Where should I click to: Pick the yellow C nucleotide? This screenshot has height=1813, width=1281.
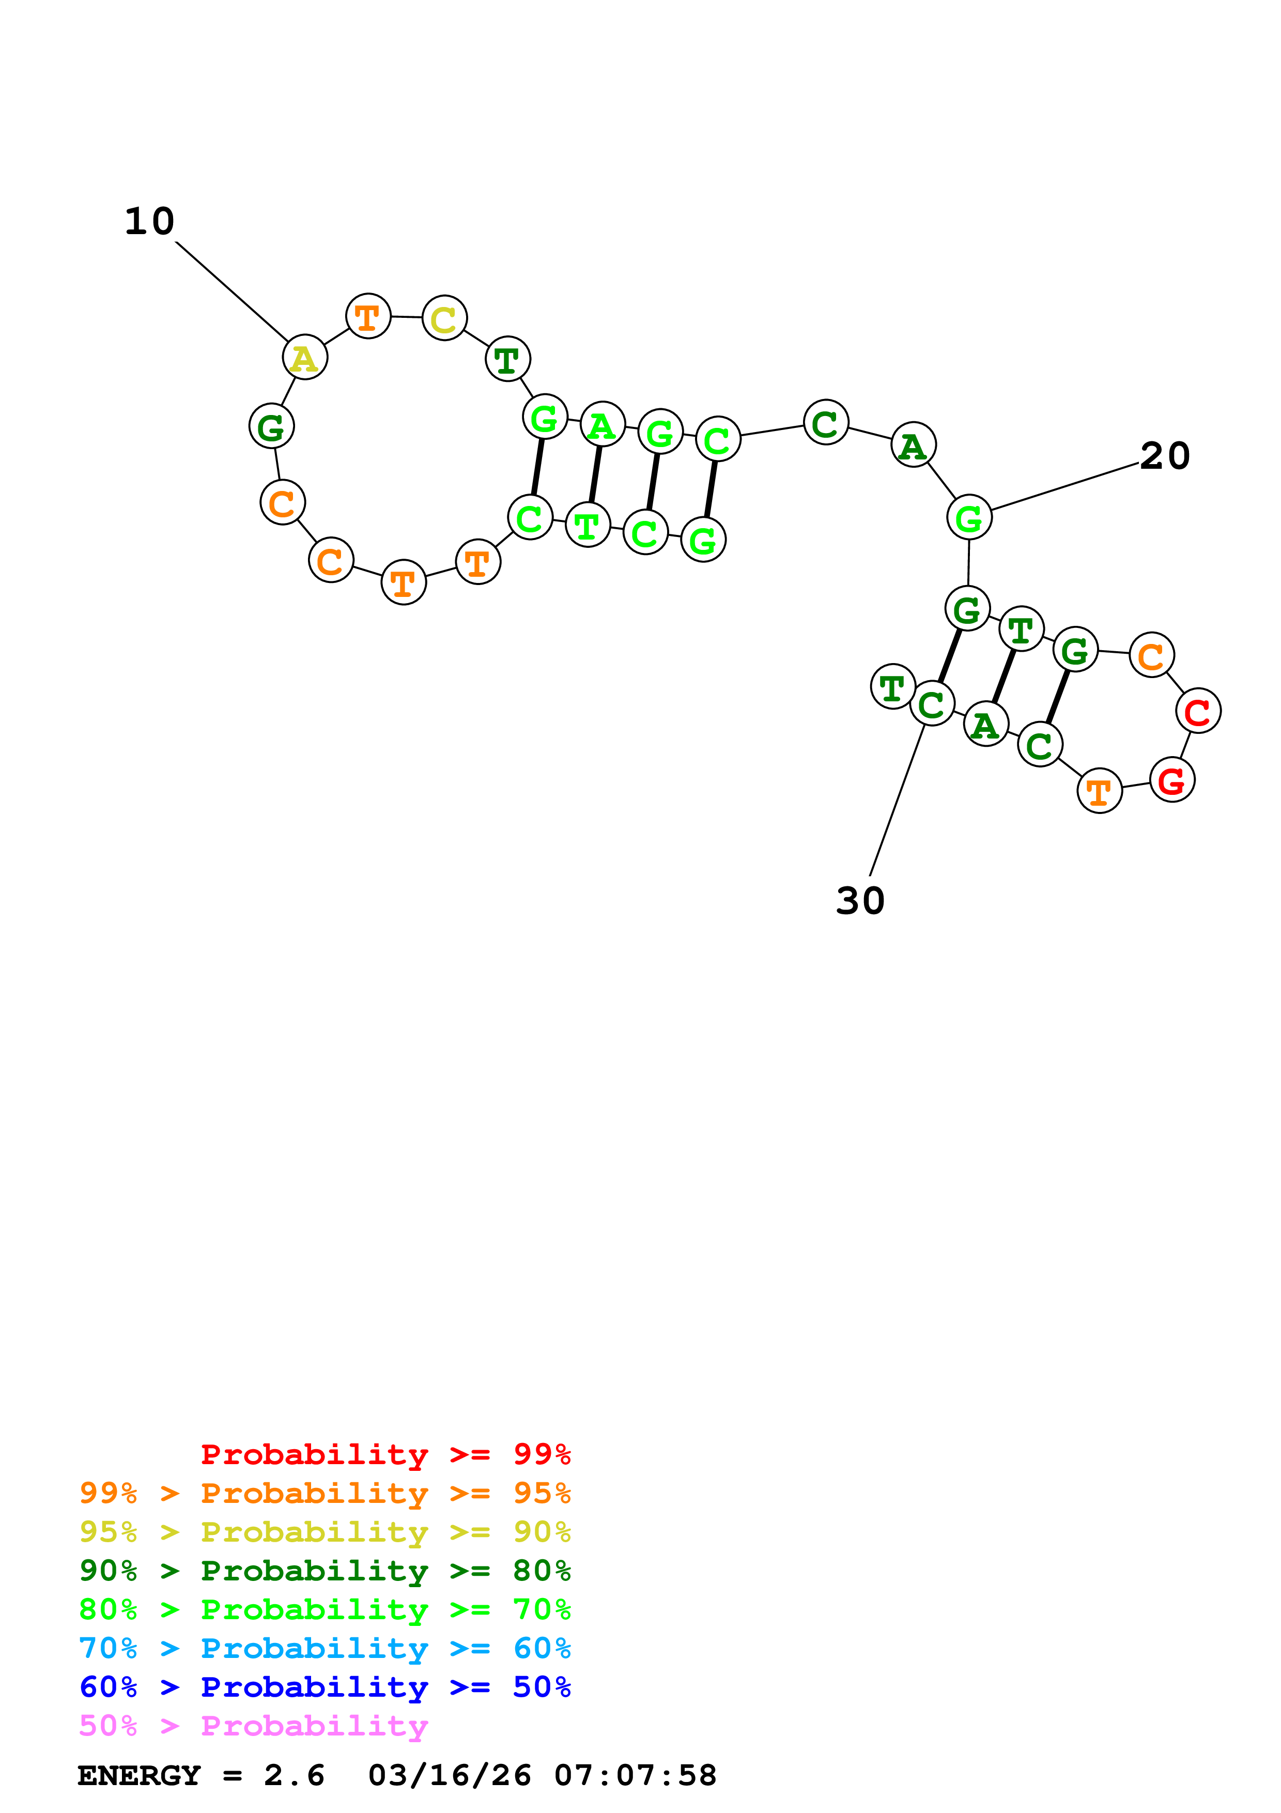pyautogui.click(x=444, y=318)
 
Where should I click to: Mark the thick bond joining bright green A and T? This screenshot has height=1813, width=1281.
pyautogui.click(x=595, y=474)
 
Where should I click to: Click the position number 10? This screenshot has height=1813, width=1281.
pyautogui.click(x=149, y=221)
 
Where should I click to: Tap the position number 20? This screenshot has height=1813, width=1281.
pyautogui.click(x=1165, y=456)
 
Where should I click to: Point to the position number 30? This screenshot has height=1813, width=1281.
pyautogui.click(x=860, y=900)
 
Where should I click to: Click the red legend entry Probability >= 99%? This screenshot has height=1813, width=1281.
pyautogui.click(x=385, y=1454)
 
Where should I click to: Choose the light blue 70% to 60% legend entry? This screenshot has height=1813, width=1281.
pyautogui.click(x=325, y=1648)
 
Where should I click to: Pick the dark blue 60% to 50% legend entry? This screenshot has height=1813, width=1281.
pyautogui.click(x=325, y=1687)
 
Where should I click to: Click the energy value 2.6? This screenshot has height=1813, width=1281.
pyautogui.click(x=294, y=1775)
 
